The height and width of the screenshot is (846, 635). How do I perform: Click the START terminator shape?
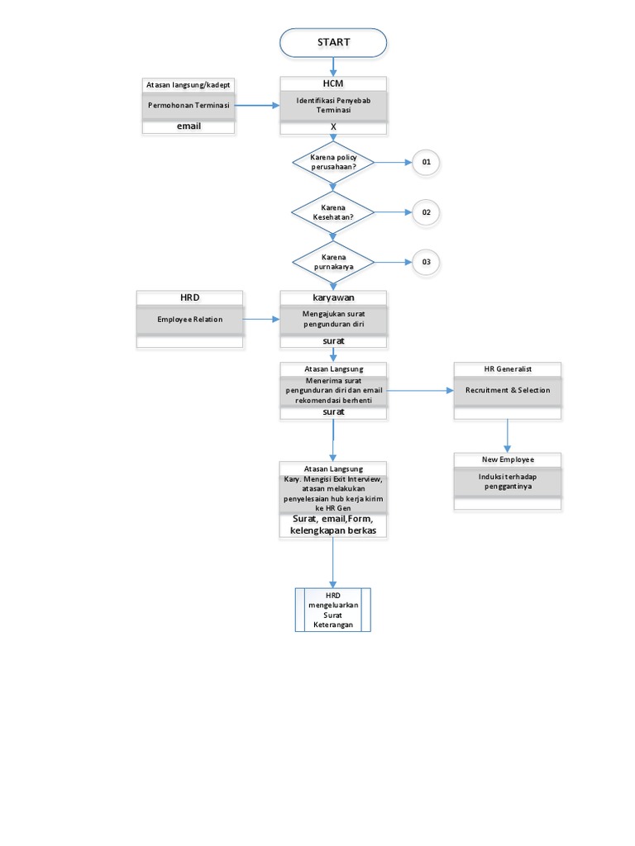pos(333,43)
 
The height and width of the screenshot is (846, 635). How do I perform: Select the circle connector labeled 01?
pos(426,163)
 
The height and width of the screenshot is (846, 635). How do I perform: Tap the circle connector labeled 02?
pos(426,212)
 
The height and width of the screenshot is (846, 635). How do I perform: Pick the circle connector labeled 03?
pos(426,263)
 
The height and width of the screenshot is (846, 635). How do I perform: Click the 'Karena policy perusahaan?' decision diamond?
pos(333,162)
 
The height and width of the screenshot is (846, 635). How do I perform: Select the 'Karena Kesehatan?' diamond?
pos(333,212)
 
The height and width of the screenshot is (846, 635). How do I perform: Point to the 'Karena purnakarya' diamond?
pos(333,263)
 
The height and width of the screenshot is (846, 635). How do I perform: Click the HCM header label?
pos(333,83)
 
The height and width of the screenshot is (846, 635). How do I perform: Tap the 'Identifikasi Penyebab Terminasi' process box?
pos(333,106)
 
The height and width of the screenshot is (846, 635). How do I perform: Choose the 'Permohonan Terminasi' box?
pos(189,106)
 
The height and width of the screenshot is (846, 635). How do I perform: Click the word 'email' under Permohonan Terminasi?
pos(189,126)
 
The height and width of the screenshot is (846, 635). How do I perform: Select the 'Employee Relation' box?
pos(190,319)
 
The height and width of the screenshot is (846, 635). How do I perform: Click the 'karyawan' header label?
pos(333,297)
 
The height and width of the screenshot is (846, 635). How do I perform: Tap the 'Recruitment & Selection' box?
pos(508,390)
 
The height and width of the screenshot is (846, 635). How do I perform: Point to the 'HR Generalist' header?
pos(508,368)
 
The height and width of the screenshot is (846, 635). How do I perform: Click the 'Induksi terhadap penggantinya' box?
pos(508,482)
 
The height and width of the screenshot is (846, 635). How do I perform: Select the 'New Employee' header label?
pos(508,459)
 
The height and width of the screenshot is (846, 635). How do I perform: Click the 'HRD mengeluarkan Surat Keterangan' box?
pos(333,610)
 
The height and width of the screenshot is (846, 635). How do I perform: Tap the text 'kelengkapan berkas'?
pos(333,530)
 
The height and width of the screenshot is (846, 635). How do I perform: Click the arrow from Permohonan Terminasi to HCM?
pos(257,106)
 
